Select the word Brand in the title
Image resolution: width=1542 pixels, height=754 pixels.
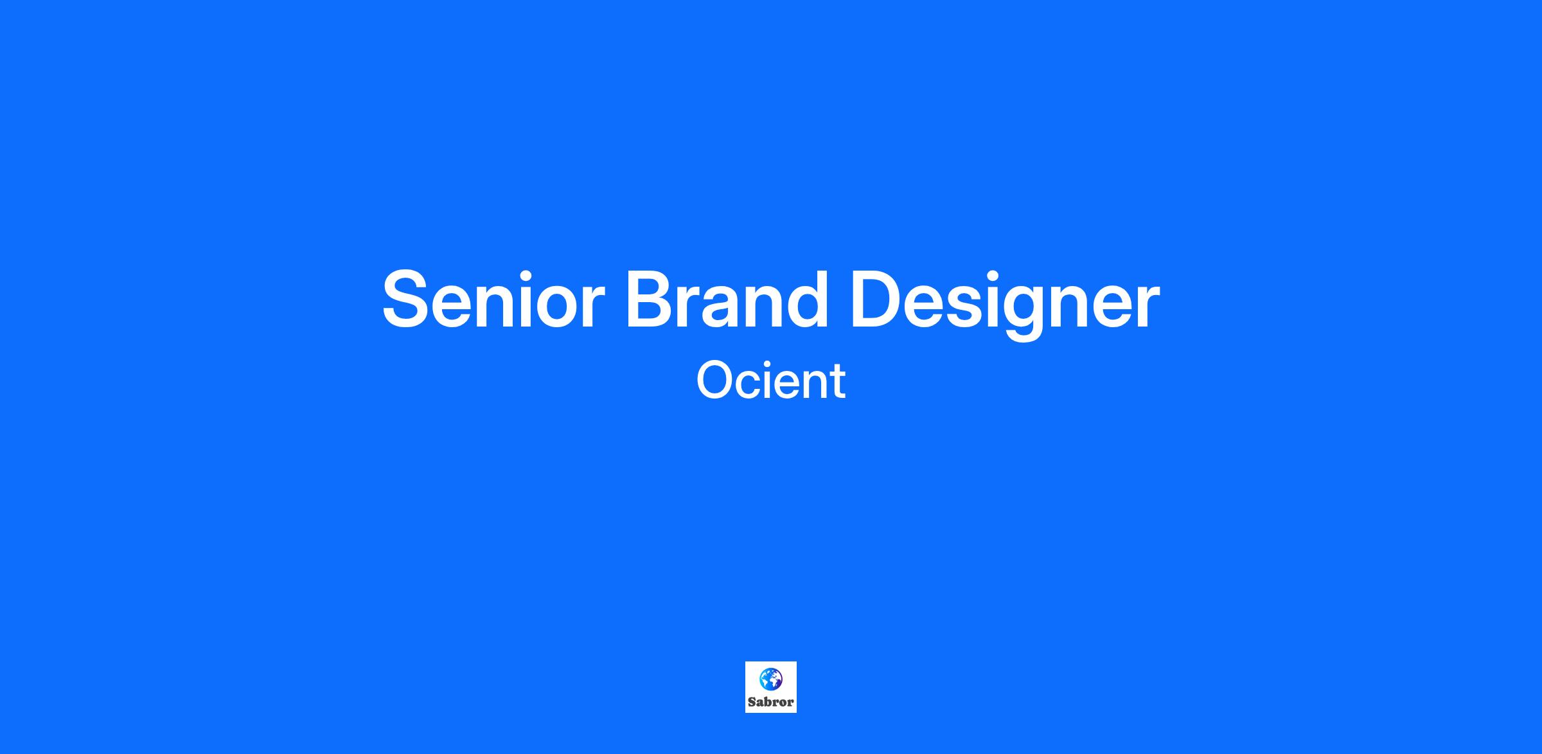(727, 299)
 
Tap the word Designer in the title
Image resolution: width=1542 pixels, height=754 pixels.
(1004, 303)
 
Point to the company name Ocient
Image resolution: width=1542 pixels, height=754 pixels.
(771, 381)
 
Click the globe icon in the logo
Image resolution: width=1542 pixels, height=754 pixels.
(771, 679)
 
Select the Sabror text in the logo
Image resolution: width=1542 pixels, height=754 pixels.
(771, 702)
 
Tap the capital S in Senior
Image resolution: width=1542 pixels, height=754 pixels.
(406, 300)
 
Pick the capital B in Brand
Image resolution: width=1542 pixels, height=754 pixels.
(650, 300)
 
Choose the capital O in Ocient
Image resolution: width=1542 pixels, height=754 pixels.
(716, 381)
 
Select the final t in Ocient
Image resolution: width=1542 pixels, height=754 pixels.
(837, 382)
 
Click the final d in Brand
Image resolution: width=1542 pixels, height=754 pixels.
(806, 300)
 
